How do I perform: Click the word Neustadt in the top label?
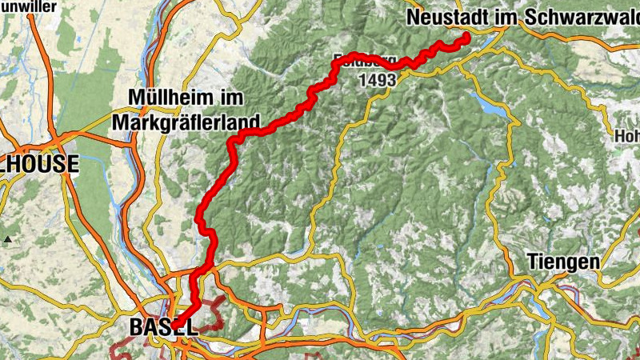pyautogui.click(x=442, y=17)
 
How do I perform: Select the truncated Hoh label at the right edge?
pyautogui.click(x=627, y=137)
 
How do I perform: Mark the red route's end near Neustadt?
pyautogui.click(x=466, y=38)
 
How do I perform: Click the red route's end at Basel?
pyautogui.click(x=176, y=324)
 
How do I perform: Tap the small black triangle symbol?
pyautogui.click(x=7, y=239)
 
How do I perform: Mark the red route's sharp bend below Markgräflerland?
pyautogui.click(x=232, y=142)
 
